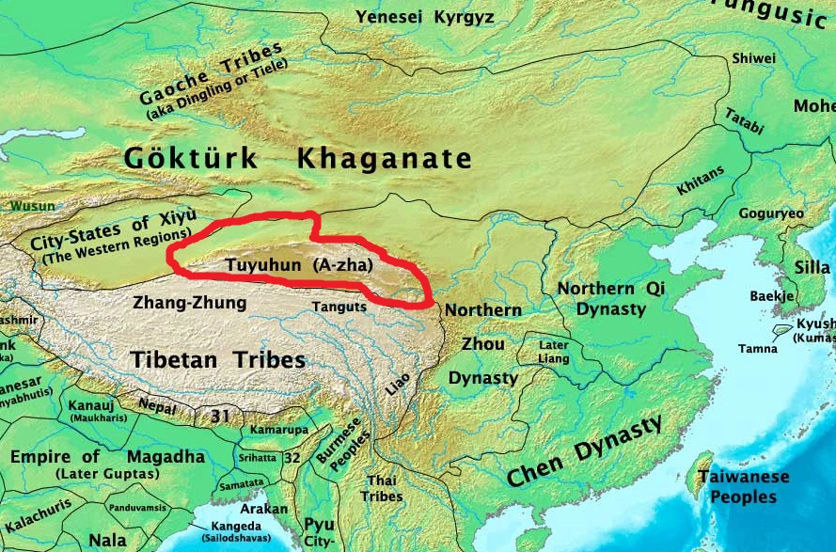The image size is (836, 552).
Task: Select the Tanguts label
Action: pos(338,307)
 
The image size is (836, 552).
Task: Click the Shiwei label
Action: pos(754,58)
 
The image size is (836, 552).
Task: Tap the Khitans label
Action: pos(701,180)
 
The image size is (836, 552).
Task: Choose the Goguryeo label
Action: pos(771,213)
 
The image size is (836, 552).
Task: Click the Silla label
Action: pos(812,267)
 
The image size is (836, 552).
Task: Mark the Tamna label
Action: pos(758,349)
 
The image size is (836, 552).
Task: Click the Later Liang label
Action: pos(553,351)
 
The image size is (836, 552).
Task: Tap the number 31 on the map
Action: pos(221,415)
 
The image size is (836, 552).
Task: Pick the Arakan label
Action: pos(272,509)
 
